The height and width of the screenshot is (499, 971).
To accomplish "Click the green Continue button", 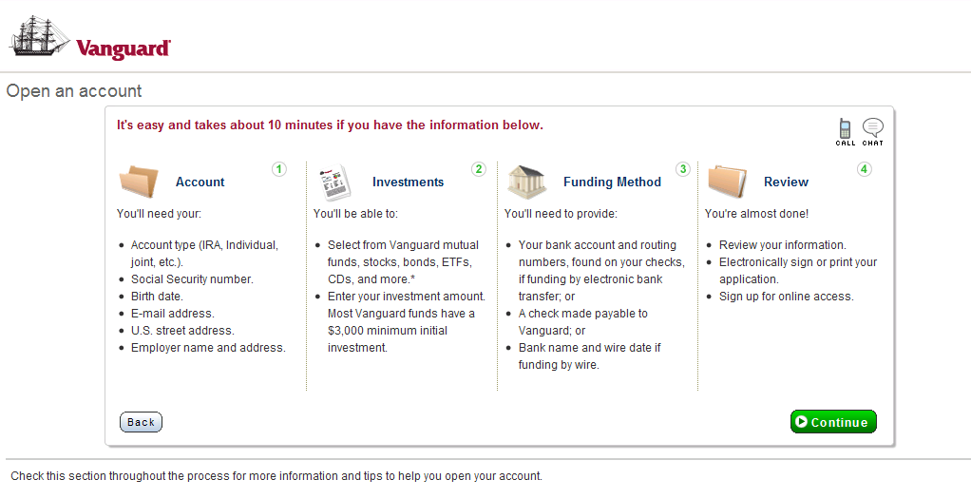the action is pyautogui.click(x=833, y=421).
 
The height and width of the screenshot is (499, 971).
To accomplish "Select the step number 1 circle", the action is pyautogui.click(x=279, y=169).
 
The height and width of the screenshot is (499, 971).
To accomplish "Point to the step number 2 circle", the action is pyautogui.click(x=479, y=169).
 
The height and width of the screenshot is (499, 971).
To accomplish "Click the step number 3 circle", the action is pyautogui.click(x=683, y=169).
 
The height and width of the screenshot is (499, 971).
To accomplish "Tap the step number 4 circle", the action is pyautogui.click(x=864, y=169).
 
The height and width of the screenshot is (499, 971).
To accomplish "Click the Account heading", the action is pyautogui.click(x=200, y=182).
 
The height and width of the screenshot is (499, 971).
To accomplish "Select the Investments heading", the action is pyautogui.click(x=409, y=182).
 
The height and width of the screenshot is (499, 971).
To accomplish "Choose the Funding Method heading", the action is pyautogui.click(x=613, y=182).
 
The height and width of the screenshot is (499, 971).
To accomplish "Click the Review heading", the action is pyautogui.click(x=787, y=182).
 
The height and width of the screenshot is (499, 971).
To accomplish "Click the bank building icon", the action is pyautogui.click(x=527, y=182).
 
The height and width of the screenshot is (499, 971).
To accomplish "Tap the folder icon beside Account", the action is pyautogui.click(x=139, y=181).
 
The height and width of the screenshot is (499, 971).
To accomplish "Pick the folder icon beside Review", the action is pyautogui.click(x=727, y=181).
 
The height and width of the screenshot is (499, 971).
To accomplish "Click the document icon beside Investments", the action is pyautogui.click(x=334, y=182).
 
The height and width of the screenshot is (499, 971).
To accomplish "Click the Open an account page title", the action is pyautogui.click(x=74, y=91).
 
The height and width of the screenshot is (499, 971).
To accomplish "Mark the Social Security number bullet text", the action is pyautogui.click(x=192, y=278).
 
